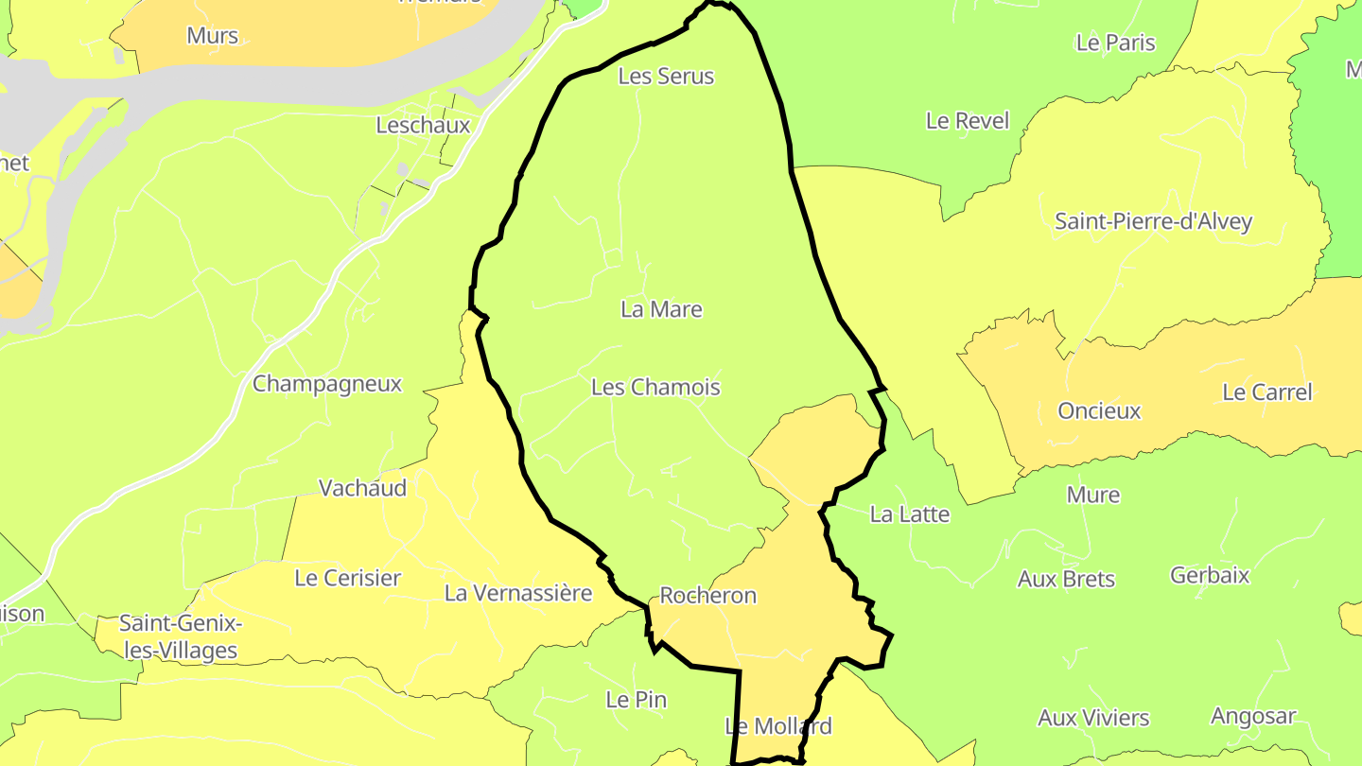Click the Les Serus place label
(666, 77)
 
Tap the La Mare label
(661, 309)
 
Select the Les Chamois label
(655, 388)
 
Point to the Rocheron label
(708, 596)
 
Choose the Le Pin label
(636, 700)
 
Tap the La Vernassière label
(518, 593)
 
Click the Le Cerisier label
(348, 578)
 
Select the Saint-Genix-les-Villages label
(179, 637)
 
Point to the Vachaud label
(362, 488)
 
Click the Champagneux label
(327, 384)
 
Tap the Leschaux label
(423, 125)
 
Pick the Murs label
(213, 36)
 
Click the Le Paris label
(1116, 43)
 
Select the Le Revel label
(968, 121)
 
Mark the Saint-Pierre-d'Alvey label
(1153, 222)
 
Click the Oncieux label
(1099, 411)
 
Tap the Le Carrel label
(1267, 392)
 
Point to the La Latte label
(909, 514)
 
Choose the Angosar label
(1253, 717)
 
